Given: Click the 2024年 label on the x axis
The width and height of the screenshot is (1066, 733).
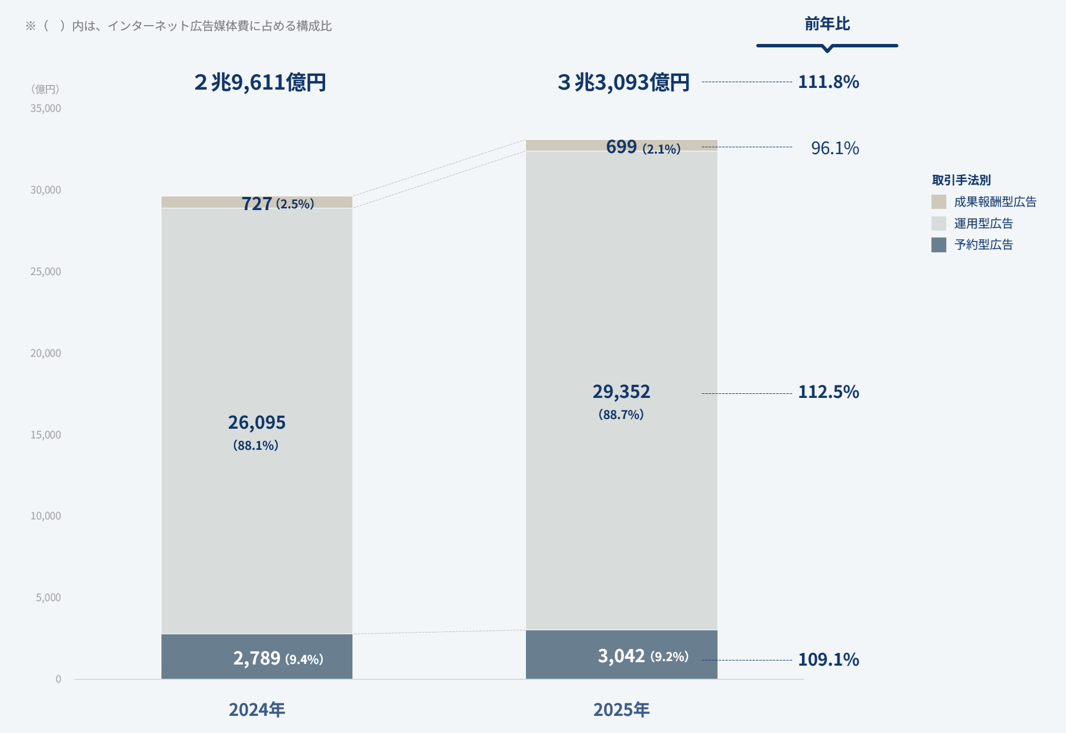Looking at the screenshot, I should [257, 709].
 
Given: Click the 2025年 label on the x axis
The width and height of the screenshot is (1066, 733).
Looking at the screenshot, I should [621, 709].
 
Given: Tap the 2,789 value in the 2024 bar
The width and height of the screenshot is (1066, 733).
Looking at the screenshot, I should [257, 658].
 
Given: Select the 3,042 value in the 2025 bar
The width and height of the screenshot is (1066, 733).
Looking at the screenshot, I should [621, 656].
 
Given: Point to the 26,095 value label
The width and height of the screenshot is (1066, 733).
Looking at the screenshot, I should [257, 422].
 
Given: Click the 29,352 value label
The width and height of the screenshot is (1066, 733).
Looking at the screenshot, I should [621, 392].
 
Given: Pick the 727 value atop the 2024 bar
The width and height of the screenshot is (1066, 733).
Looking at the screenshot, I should [257, 204].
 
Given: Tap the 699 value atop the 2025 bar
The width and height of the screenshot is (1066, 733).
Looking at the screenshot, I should [621, 147].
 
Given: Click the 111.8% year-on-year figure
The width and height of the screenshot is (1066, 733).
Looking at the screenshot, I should [828, 82].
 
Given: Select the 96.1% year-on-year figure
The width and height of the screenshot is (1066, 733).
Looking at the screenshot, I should [835, 148].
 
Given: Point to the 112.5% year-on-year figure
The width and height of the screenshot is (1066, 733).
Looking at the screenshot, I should [828, 392].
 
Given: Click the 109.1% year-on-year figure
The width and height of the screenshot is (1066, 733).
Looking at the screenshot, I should [828, 659].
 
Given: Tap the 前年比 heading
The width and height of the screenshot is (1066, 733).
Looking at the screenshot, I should [827, 24].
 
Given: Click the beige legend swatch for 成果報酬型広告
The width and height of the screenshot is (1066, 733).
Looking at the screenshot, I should [939, 202].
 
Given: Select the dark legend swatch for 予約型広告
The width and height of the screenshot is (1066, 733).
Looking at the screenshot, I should [939, 245].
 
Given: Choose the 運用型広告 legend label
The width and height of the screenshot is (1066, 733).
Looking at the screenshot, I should [983, 224].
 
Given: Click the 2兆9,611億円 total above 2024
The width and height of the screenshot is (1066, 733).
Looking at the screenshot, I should [260, 83].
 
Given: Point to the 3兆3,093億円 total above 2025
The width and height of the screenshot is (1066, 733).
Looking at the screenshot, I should [623, 83].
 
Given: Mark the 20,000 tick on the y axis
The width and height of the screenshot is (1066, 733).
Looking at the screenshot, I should [46, 353].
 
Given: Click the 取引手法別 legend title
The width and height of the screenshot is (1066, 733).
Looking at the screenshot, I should [961, 180].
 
